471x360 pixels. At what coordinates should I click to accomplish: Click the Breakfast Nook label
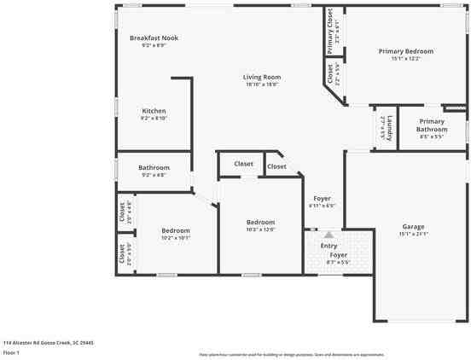154,38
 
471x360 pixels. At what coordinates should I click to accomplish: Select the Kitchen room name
154,111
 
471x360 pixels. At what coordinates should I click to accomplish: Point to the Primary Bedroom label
406,51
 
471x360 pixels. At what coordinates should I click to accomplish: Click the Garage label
413,227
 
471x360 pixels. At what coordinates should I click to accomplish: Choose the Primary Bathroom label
432,125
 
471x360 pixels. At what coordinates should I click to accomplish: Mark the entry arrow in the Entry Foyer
328,234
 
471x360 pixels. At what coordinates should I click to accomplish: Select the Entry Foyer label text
329,249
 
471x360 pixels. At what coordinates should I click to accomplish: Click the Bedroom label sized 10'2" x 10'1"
176,230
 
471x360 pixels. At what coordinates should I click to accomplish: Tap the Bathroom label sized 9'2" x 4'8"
154,167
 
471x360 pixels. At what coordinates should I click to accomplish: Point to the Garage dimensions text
413,234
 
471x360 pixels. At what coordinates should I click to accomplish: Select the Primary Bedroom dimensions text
406,59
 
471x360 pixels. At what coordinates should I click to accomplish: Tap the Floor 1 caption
12,351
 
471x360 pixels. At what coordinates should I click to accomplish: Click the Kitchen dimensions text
154,118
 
